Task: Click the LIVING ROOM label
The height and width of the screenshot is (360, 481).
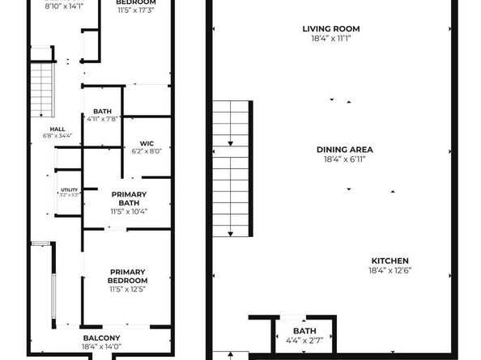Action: (330, 28)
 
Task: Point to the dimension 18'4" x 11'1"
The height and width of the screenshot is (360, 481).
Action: (330, 38)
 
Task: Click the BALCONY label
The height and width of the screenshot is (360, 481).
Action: (101, 337)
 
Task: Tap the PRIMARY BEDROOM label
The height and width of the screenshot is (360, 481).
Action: (127, 276)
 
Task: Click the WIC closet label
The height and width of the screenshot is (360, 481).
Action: (147, 142)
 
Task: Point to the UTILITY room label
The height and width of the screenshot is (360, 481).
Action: (68, 189)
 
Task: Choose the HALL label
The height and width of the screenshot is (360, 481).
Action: (57, 128)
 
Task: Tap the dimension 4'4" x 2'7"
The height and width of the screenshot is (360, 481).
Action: (304, 340)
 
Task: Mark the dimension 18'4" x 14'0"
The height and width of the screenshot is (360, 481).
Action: (101, 347)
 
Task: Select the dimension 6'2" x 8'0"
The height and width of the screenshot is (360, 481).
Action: (147, 150)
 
